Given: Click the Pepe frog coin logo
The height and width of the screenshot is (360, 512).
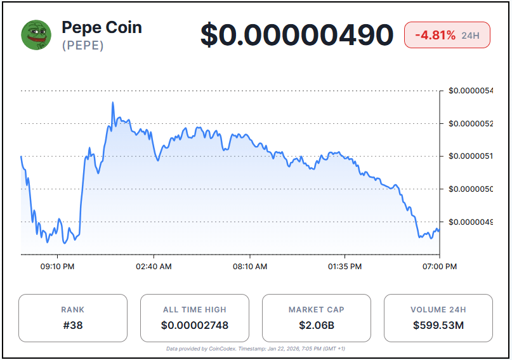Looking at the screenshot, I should (x=36, y=35).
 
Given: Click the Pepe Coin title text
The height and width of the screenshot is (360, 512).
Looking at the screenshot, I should (x=102, y=27).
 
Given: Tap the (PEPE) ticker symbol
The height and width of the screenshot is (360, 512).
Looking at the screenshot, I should (x=82, y=46).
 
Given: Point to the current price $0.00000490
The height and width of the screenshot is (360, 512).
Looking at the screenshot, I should (x=297, y=35).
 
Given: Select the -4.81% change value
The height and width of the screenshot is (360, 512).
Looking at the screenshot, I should (x=435, y=35).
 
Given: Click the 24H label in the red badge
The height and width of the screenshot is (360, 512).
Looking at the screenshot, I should (x=471, y=36).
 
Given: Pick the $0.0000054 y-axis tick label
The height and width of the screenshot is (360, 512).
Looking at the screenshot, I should (x=470, y=91).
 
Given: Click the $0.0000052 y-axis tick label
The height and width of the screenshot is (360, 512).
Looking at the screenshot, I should (x=470, y=123).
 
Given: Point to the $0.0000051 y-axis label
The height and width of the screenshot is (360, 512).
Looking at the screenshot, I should (x=470, y=156).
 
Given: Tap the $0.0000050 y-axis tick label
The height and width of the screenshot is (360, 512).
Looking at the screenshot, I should (x=470, y=189).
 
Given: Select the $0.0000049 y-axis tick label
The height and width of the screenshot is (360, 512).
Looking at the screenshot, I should (x=470, y=222).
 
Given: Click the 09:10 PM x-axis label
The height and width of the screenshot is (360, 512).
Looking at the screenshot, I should (x=58, y=267).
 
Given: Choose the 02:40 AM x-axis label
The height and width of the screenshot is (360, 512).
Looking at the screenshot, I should (x=154, y=267).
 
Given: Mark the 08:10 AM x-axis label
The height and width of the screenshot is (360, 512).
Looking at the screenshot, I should (x=249, y=267).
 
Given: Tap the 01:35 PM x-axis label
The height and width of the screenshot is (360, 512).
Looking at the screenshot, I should (x=345, y=267).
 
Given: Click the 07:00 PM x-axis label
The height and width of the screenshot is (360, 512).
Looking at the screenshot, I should (x=440, y=267).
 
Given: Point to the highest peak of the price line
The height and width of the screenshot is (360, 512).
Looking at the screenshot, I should (x=113, y=102).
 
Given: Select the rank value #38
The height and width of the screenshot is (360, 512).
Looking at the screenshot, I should (x=72, y=326).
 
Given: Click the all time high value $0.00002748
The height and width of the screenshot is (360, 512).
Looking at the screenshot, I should (x=195, y=326).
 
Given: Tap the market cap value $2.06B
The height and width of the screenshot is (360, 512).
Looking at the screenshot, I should (x=316, y=326).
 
